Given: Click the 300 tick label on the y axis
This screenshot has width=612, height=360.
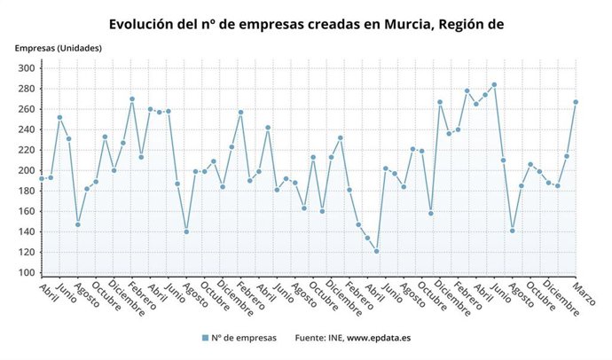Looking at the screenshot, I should [x=25, y=68].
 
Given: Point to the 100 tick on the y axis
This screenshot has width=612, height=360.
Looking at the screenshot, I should [x=25, y=273].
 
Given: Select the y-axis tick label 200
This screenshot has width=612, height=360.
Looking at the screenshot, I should [x=25, y=171].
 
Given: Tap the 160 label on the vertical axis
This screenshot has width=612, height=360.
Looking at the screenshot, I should [x=25, y=212].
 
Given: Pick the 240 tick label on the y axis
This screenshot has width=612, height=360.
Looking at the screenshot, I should [x=25, y=130].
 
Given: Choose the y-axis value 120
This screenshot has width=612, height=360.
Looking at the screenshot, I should [x=25, y=253].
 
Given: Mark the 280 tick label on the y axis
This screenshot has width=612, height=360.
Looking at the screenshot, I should [x=25, y=89].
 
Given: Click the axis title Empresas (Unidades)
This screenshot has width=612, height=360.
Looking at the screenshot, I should [x=58, y=47].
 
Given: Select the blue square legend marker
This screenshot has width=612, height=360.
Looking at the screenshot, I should [x=205, y=338].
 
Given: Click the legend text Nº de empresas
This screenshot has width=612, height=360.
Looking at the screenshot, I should [x=245, y=338].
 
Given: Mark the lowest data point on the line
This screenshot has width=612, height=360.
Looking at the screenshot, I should [x=376, y=252].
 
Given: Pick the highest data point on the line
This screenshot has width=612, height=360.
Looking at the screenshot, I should [x=494, y=84].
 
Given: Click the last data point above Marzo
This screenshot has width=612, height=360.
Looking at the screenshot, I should [x=576, y=102].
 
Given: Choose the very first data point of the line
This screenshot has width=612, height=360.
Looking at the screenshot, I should [x=41, y=179].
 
